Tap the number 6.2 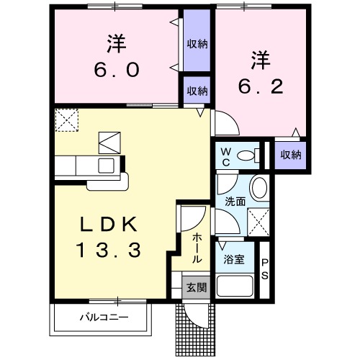(x=260, y=87)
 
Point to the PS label (x=264, y=270)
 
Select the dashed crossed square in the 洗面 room (x=257, y=220)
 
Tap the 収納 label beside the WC (x=290, y=155)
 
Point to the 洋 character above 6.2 (x=260, y=58)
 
